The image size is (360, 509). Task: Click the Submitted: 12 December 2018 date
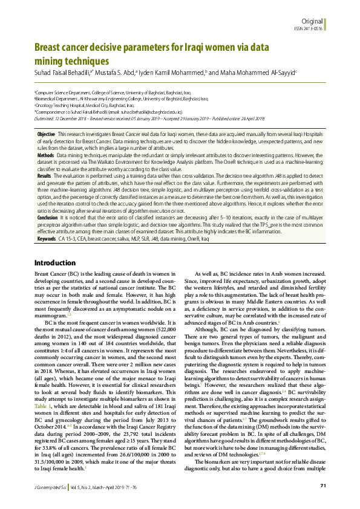click(x=66, y=118)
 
